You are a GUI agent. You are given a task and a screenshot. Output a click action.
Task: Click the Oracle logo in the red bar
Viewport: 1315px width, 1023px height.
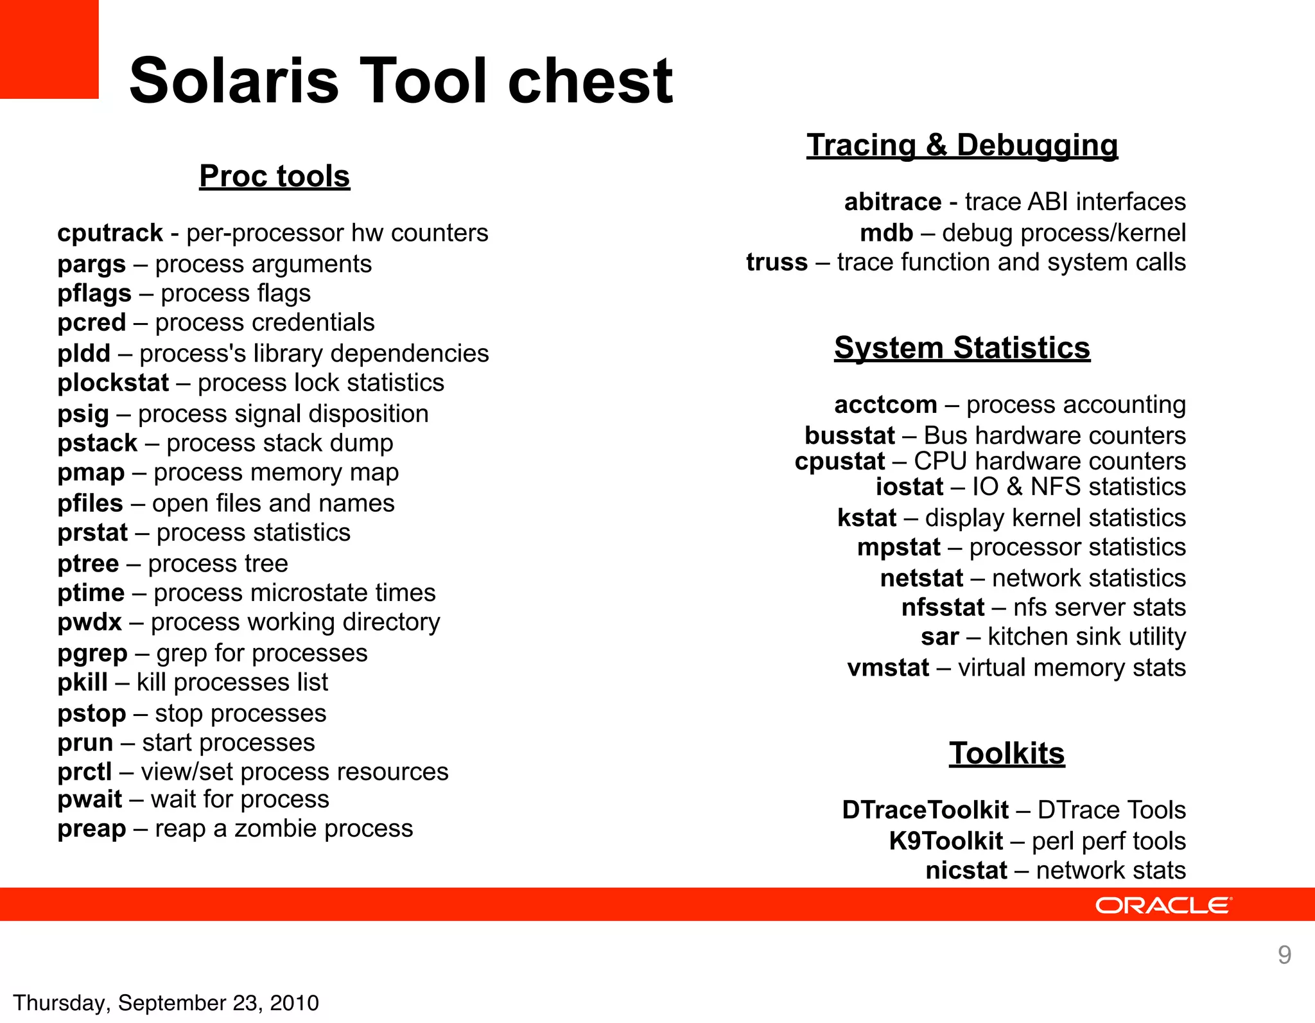1163,905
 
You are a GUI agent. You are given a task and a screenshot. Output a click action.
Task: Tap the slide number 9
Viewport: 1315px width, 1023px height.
1284,955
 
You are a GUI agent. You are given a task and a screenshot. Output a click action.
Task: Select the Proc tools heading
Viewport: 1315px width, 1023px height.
275,176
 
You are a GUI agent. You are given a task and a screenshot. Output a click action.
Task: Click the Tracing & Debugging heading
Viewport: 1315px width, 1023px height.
962,145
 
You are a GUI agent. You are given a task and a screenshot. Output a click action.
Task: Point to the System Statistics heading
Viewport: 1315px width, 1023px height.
962,348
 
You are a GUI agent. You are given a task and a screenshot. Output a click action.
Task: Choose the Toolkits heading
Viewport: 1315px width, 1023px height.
1007,753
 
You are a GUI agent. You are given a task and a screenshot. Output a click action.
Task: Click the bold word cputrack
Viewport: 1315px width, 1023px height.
110,233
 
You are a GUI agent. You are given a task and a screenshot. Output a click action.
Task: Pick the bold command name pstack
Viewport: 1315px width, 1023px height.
98,443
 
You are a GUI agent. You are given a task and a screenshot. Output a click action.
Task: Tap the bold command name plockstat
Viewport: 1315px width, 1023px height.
113,383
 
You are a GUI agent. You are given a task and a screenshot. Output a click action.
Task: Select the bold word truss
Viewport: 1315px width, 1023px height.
776,263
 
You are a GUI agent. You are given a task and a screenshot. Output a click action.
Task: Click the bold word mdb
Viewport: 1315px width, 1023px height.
886,233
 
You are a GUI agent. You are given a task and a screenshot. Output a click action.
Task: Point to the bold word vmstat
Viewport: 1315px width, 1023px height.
888,668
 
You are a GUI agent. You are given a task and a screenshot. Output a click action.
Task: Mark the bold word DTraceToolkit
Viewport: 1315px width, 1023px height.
925,810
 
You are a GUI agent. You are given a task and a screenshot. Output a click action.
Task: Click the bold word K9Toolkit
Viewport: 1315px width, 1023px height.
946,841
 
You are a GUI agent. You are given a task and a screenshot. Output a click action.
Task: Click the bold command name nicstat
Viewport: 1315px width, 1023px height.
966,871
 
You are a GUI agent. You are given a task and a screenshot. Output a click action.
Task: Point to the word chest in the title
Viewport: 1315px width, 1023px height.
590,81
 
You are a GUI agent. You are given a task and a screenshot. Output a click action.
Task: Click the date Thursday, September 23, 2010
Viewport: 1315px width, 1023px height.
166,1003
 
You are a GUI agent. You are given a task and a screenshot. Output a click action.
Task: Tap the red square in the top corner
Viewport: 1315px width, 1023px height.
49,49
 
